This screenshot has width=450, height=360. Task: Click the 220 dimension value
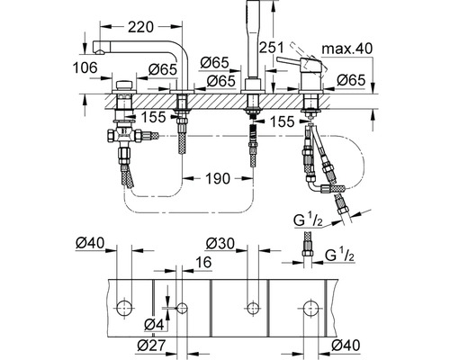(140, 27)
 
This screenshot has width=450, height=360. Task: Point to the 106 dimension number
(85, 67)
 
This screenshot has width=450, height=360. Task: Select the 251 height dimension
(272, 48)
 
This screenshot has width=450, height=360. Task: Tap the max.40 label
(346, 48)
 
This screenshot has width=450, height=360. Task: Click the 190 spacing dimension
(218, 178)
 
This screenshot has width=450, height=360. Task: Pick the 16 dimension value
(203, 262)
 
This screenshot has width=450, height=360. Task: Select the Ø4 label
(154, 325)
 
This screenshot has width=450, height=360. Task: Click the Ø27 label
(151, 346)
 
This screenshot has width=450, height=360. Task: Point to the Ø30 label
(220, 244)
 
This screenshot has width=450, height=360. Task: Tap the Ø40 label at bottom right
(346, 346)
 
